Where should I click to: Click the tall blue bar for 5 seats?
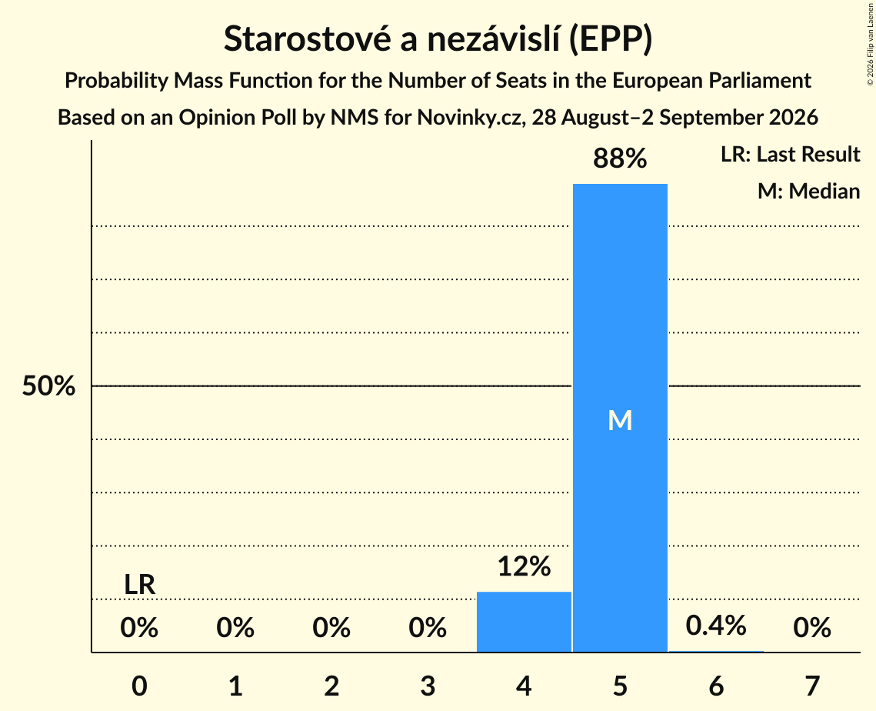coord(620,418)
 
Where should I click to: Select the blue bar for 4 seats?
coord(524,622)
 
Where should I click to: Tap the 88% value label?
coord(620,159)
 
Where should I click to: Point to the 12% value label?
coord(524,566)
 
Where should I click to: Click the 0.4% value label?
coord(716,626)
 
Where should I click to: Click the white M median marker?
coord(620,420)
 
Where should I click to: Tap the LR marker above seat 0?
coord(140,585)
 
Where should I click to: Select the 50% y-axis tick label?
coord(48,386)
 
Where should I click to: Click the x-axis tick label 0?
coord(140,686)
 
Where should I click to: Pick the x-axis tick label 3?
coord(428,686)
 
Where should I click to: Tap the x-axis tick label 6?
coord(716,686)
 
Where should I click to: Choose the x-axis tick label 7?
coord(812,686)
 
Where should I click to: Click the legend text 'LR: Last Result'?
coord(791,154)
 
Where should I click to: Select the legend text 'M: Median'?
coord(809,191)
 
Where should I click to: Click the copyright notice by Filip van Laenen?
coord(870,44)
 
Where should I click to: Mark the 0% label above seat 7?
coord(812,628)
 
